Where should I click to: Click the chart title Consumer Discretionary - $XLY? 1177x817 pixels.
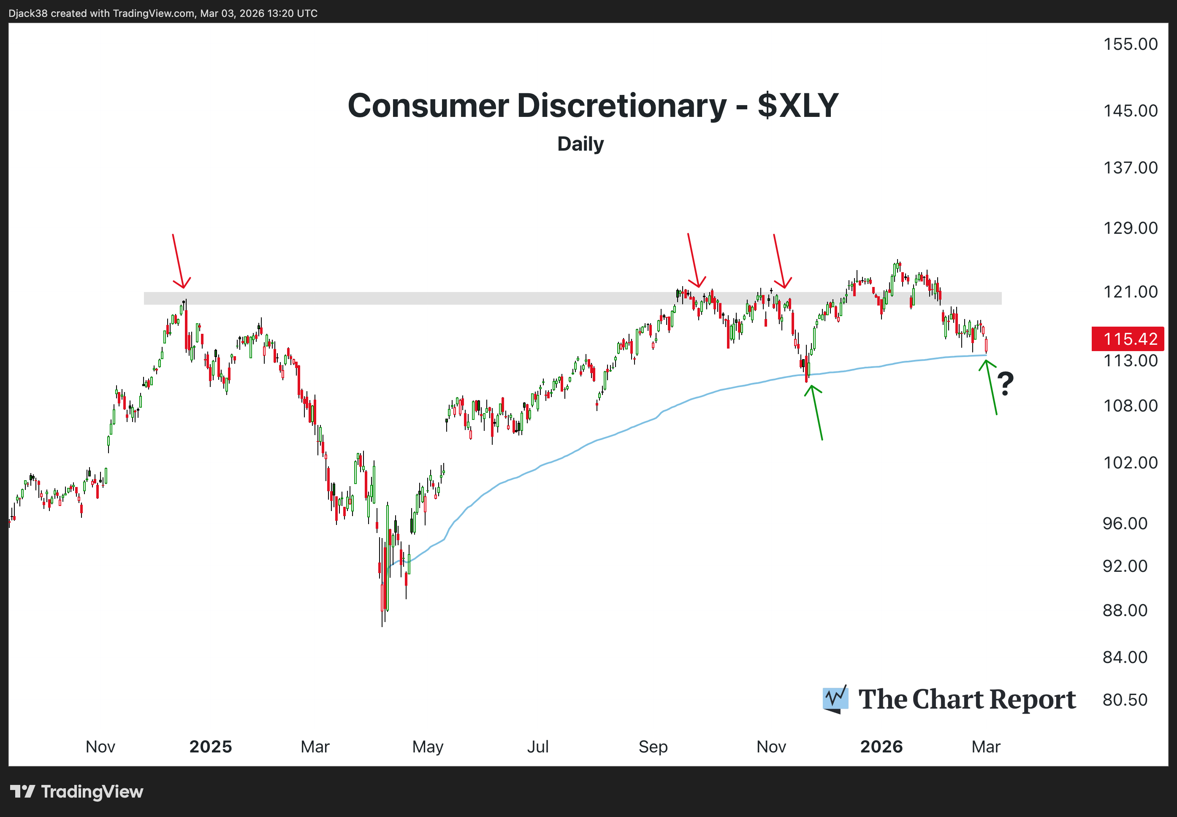[592, 106]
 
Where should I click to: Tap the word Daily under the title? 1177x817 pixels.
[580, 144]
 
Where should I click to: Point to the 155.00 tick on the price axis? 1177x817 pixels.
[1130, 44]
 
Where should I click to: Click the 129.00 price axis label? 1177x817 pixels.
[1130, 228]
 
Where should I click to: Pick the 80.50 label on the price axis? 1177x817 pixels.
[1125, 700]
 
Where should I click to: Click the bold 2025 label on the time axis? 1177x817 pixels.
[210, 747]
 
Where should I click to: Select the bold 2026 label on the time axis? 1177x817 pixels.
[881, 747]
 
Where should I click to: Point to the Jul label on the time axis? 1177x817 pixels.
[537, 747]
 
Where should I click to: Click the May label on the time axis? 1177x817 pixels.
[428, 747]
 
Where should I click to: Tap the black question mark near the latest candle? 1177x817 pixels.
[1005, 384]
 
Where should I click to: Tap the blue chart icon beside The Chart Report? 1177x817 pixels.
[835, 699]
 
